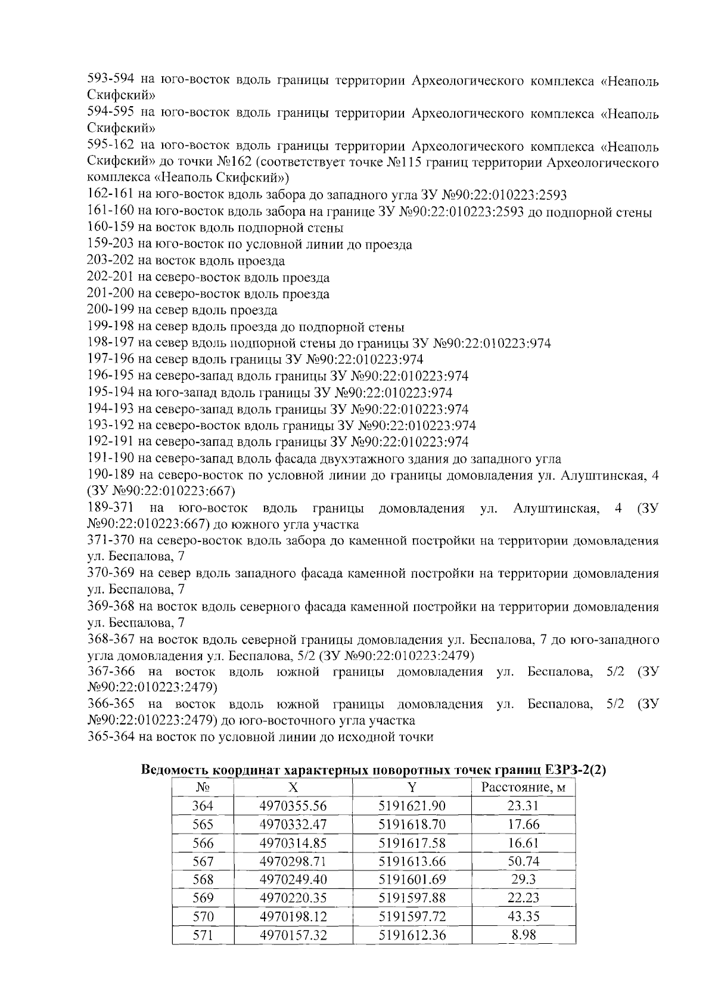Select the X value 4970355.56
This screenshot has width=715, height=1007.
293,806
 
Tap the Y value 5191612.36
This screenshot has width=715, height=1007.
412,934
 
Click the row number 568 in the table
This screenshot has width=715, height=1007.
203,879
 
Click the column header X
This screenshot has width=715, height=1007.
293,788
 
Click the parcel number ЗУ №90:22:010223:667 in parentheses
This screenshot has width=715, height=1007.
161,492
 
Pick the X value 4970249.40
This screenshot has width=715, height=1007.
293,879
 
